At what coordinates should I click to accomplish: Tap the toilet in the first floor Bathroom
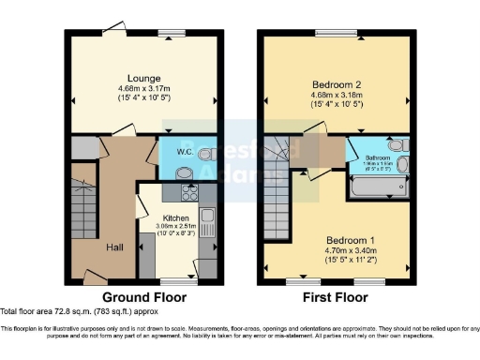pos(400,147)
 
